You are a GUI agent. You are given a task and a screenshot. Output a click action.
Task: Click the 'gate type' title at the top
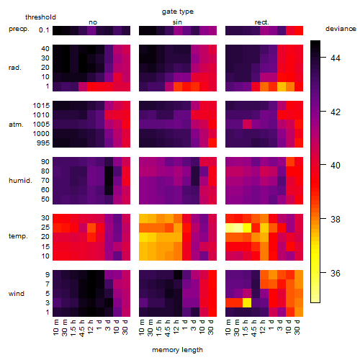(178, 12)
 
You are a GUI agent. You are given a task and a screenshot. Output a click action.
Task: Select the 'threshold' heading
(40, 17)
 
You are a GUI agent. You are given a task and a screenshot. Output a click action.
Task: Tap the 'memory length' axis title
(177, 350)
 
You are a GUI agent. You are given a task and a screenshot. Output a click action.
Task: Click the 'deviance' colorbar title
(341, 29)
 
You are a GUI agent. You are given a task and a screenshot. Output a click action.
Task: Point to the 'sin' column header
(177, 22)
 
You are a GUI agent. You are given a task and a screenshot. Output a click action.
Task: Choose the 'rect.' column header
(261, 22)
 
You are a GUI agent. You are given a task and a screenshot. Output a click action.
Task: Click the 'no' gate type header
(93, 22)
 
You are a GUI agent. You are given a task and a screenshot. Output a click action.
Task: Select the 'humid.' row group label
(20, 181)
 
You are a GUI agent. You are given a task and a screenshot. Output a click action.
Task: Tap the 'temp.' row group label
(18, 236)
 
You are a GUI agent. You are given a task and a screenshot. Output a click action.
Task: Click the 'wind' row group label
(17, 294)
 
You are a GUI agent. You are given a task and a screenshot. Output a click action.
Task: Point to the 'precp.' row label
(19, 30)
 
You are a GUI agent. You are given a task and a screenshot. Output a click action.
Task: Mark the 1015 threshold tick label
(41, 106)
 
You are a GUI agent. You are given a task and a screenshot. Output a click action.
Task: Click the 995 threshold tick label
(43, 143)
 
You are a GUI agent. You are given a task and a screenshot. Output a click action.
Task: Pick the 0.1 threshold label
(44, 30)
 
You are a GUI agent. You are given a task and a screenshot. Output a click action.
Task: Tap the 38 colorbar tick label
(336, 219)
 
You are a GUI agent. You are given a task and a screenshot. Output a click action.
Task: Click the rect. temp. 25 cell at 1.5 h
(247, 228)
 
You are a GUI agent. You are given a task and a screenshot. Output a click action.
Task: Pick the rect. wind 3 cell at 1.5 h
(247, 303)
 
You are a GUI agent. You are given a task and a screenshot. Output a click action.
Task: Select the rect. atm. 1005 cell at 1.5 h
(247, 125)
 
